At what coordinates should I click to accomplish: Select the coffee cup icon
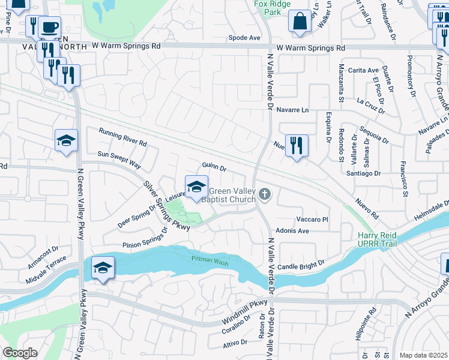click(49, 28)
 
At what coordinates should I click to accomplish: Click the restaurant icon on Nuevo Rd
click(297, 145)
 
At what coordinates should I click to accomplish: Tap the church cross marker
click(266, 194)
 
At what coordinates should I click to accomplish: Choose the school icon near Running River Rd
click(66, 140)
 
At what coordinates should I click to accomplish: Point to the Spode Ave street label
click(244, 38)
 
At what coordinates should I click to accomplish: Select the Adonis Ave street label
click(292, 230)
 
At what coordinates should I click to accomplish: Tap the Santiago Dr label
click(364, 173)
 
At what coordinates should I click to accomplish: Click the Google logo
click(20, 352)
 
